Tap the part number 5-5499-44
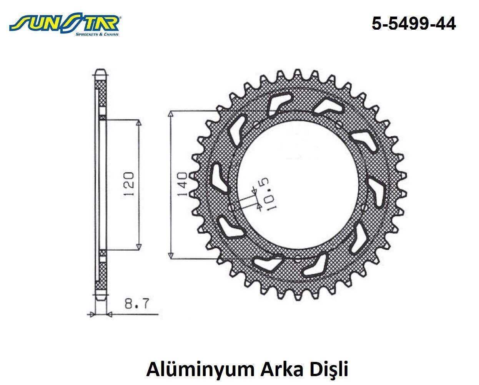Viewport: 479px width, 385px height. pyautogui.click(x=414, y=24)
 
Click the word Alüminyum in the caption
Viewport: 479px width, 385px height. pyautogui.click(x=200, y=369)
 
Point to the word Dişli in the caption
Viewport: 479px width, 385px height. pyautogui.click(x=329, y=369)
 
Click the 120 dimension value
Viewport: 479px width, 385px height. pyautogui.click(x=128, y=184)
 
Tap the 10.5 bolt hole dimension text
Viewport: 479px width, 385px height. pyautogui.click(x=268, y=194)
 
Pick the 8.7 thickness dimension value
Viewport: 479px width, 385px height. pyautogui.click(x=136, y=304)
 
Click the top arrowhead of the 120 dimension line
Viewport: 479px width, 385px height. pyautogui.click(x=139, y=123)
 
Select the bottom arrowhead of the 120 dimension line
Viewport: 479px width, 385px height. pyautogui.click(x=139, y=246)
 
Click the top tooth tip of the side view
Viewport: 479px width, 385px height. pyautogui.click(x=101, y=72)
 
